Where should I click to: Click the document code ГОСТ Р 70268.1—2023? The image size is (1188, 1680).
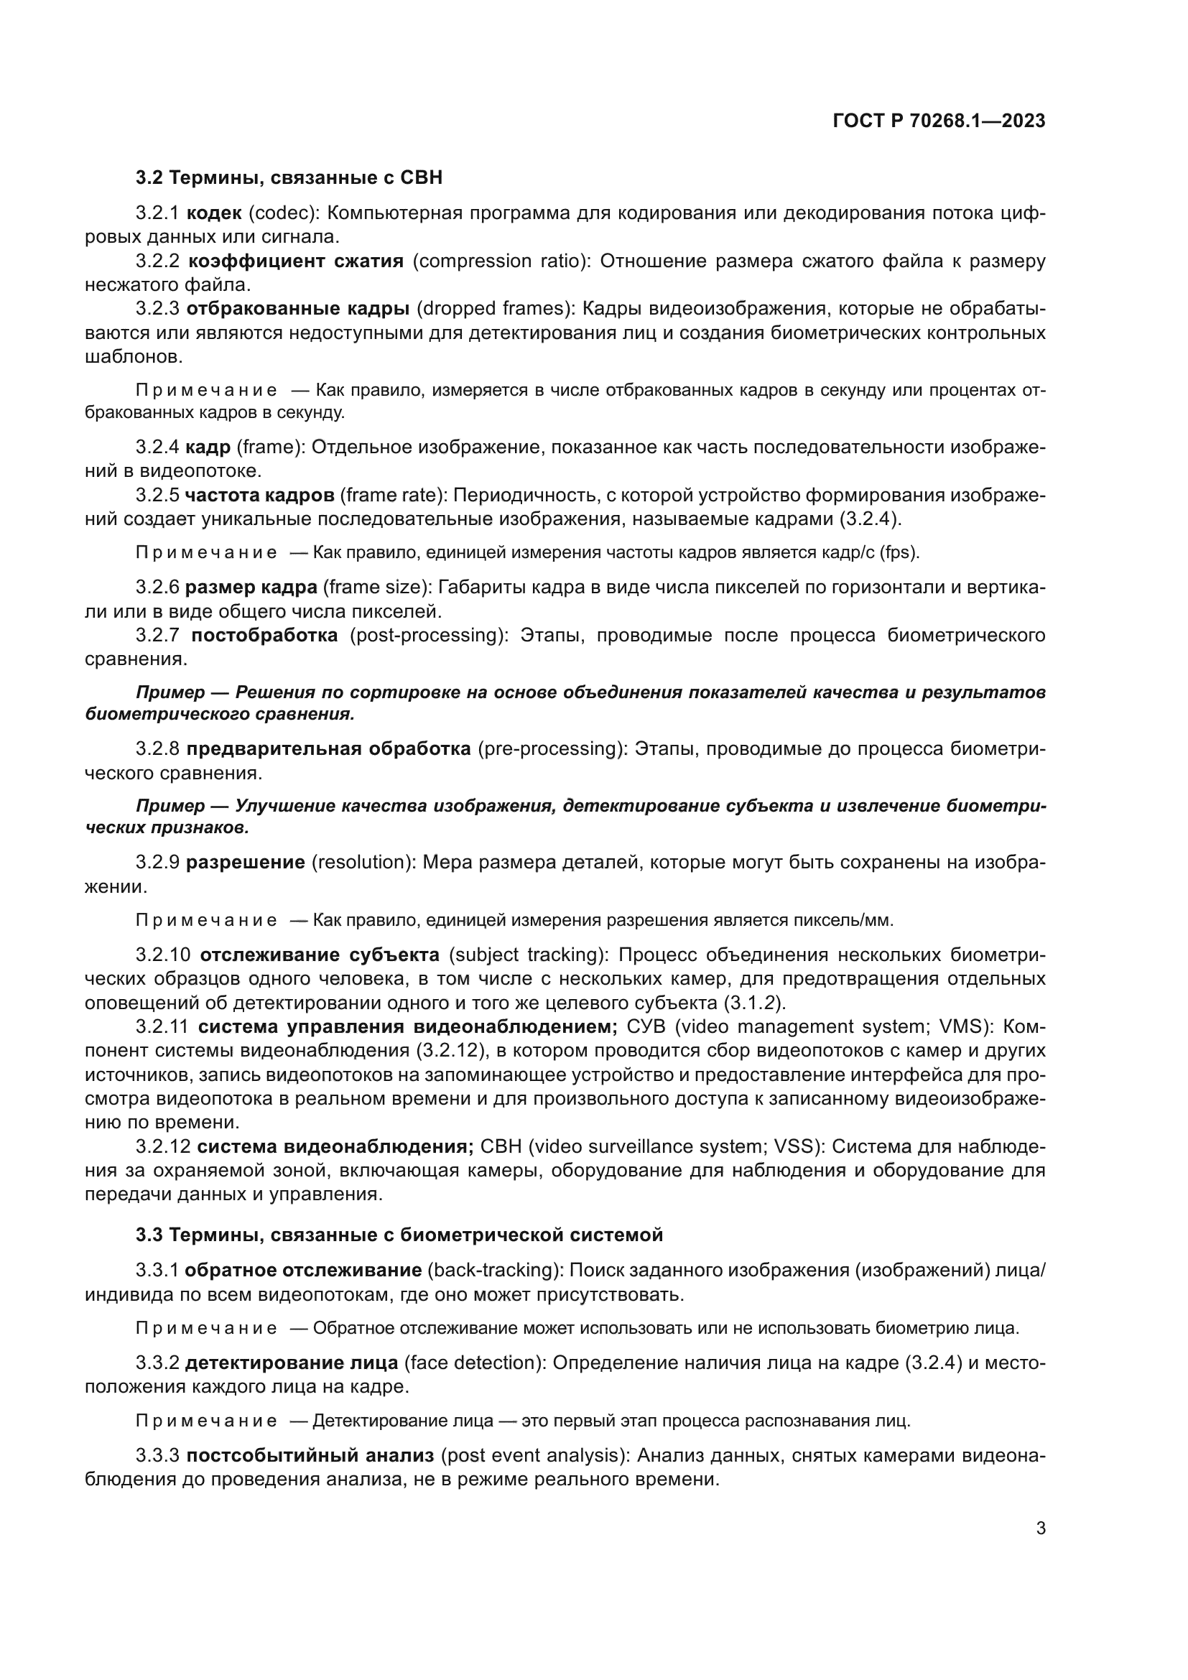(939, 121)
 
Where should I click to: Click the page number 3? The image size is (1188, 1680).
(1041, 1528)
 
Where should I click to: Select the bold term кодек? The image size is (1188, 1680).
(213, 213)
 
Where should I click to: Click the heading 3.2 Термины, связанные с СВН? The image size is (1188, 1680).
(289, 177)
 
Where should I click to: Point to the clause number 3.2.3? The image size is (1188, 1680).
(157, 309)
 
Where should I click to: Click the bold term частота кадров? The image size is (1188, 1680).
(259, 496)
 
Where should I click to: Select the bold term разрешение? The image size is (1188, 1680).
(245, 862)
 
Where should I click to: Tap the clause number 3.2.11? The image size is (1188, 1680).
(162, 1026)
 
